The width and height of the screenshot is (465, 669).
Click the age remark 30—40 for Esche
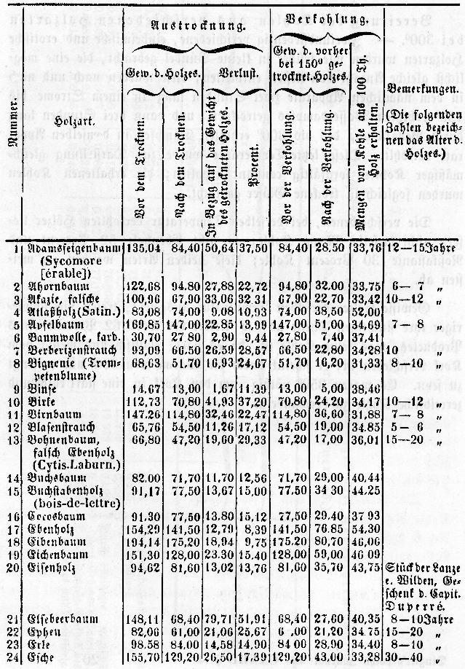402,659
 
